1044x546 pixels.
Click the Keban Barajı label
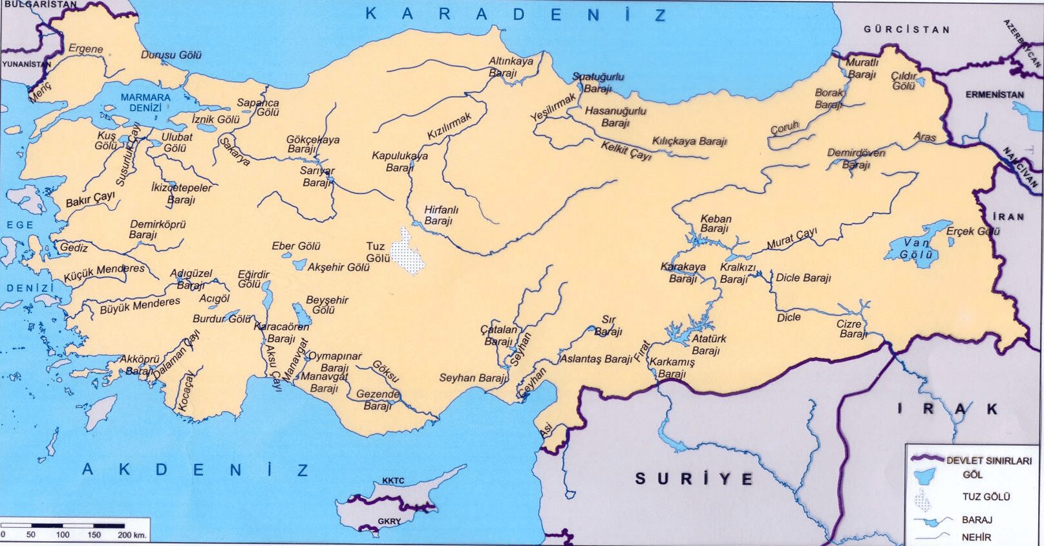pos(715,224)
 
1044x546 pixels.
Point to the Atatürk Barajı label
pos(708,345)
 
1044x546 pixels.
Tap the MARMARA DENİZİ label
pos(145,102)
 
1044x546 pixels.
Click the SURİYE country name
pos(694,479)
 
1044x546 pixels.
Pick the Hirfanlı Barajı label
pos(440,215)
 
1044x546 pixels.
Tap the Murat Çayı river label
pos(791,239)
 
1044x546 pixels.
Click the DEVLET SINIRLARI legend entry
pos(988,461)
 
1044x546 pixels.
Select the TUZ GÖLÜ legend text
pos(986,497)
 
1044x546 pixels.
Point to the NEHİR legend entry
pos(975,537)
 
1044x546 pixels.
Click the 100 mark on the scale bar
pos(63,535)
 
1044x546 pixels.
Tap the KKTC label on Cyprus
pos(393,481)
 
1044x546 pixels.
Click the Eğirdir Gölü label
pos(253,279)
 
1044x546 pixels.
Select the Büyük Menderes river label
pos(140,305)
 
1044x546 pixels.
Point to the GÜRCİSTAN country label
pos(906,30)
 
